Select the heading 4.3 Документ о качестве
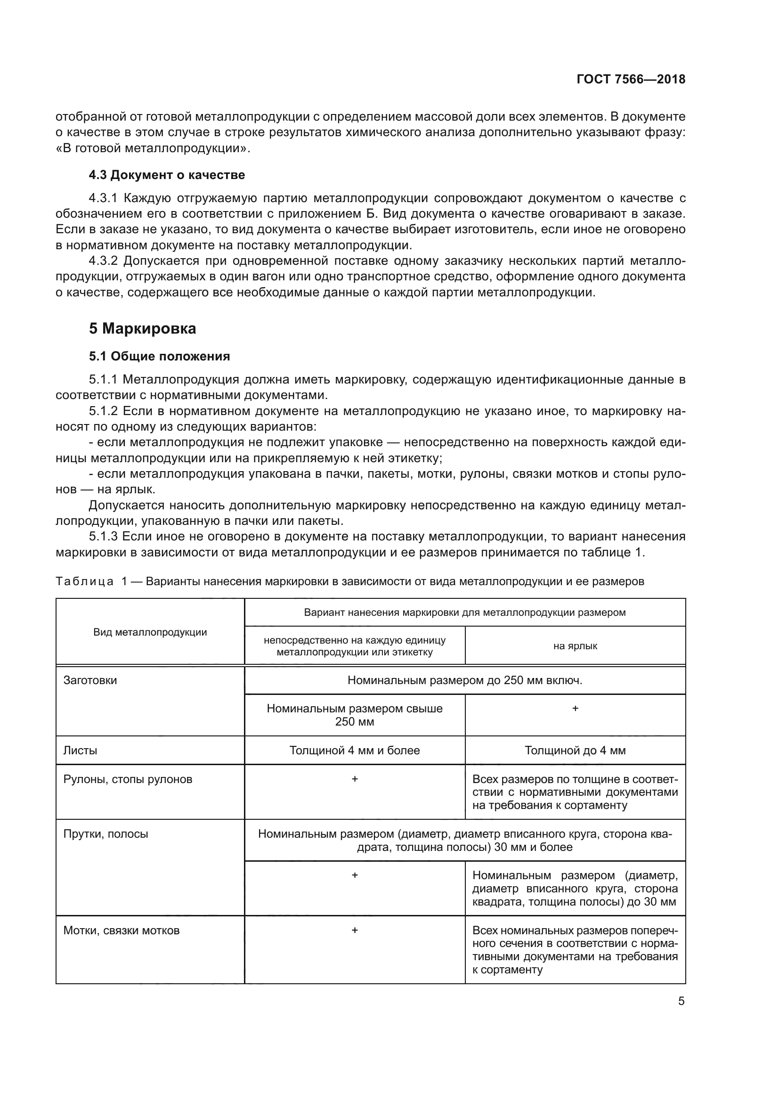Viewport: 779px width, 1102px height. pos(166,175)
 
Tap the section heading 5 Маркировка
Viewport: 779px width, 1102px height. pos(142,329)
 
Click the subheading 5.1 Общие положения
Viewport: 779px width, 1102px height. pos(159,356)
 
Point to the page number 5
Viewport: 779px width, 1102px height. pos(681,1001)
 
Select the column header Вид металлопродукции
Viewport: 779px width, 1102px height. pos(150,632)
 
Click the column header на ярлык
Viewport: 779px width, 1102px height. pos(575,646)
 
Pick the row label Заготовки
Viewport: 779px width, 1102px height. pos(90,681)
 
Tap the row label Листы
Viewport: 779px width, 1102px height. pos(80,751)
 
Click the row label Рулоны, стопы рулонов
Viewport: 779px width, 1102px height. pos(128,779)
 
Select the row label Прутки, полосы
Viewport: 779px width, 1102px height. pos(105,834)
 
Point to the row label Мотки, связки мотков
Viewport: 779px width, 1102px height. pos(122,931)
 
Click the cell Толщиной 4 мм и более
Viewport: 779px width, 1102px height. pos(355,751)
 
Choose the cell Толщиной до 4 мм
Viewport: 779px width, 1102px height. pos(575,751)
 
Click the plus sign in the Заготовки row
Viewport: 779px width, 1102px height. pos(575,709)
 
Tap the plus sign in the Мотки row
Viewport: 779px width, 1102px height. pos(355,930)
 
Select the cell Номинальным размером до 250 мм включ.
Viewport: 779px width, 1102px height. pos(464,681)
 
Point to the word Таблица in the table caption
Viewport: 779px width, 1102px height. pos(84,582)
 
